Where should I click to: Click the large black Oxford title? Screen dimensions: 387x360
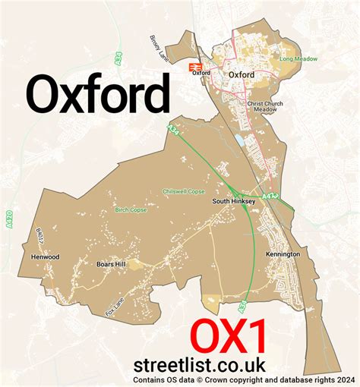point(98,96)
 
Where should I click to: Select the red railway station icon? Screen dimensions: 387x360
point(195,67)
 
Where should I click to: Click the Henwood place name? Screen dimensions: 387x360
point(45,256)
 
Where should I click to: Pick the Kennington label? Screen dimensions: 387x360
point(283,253)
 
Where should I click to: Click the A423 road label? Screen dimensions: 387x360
point(272,196)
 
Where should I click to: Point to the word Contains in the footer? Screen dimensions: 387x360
point(150,380)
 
